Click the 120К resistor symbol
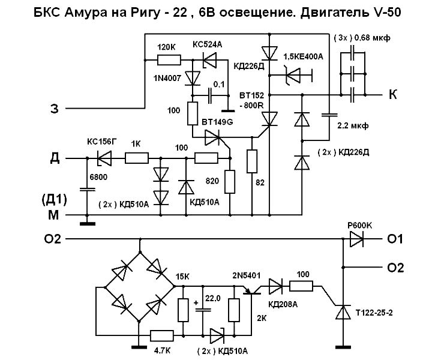click(169, 60)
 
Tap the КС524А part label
click(207, 44)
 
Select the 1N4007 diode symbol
click(193, 79)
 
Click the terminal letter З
click(55, 109)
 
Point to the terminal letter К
click(393, 95)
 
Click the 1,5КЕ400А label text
click(303, 57)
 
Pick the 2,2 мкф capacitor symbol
click(329, 115)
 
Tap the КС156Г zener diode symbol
click(104, 158)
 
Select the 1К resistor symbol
click(137, 158)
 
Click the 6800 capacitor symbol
click(87, 190)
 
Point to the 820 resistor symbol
click(230, 182)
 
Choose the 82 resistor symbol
click(252, 161)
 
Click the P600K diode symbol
click(356, 239)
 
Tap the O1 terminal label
click(395, 239)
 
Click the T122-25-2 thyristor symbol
click(343, 312)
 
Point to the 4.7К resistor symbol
click(162, 335)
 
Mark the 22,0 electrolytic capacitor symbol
click(203, 310)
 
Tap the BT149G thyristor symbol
click(214, 137)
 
